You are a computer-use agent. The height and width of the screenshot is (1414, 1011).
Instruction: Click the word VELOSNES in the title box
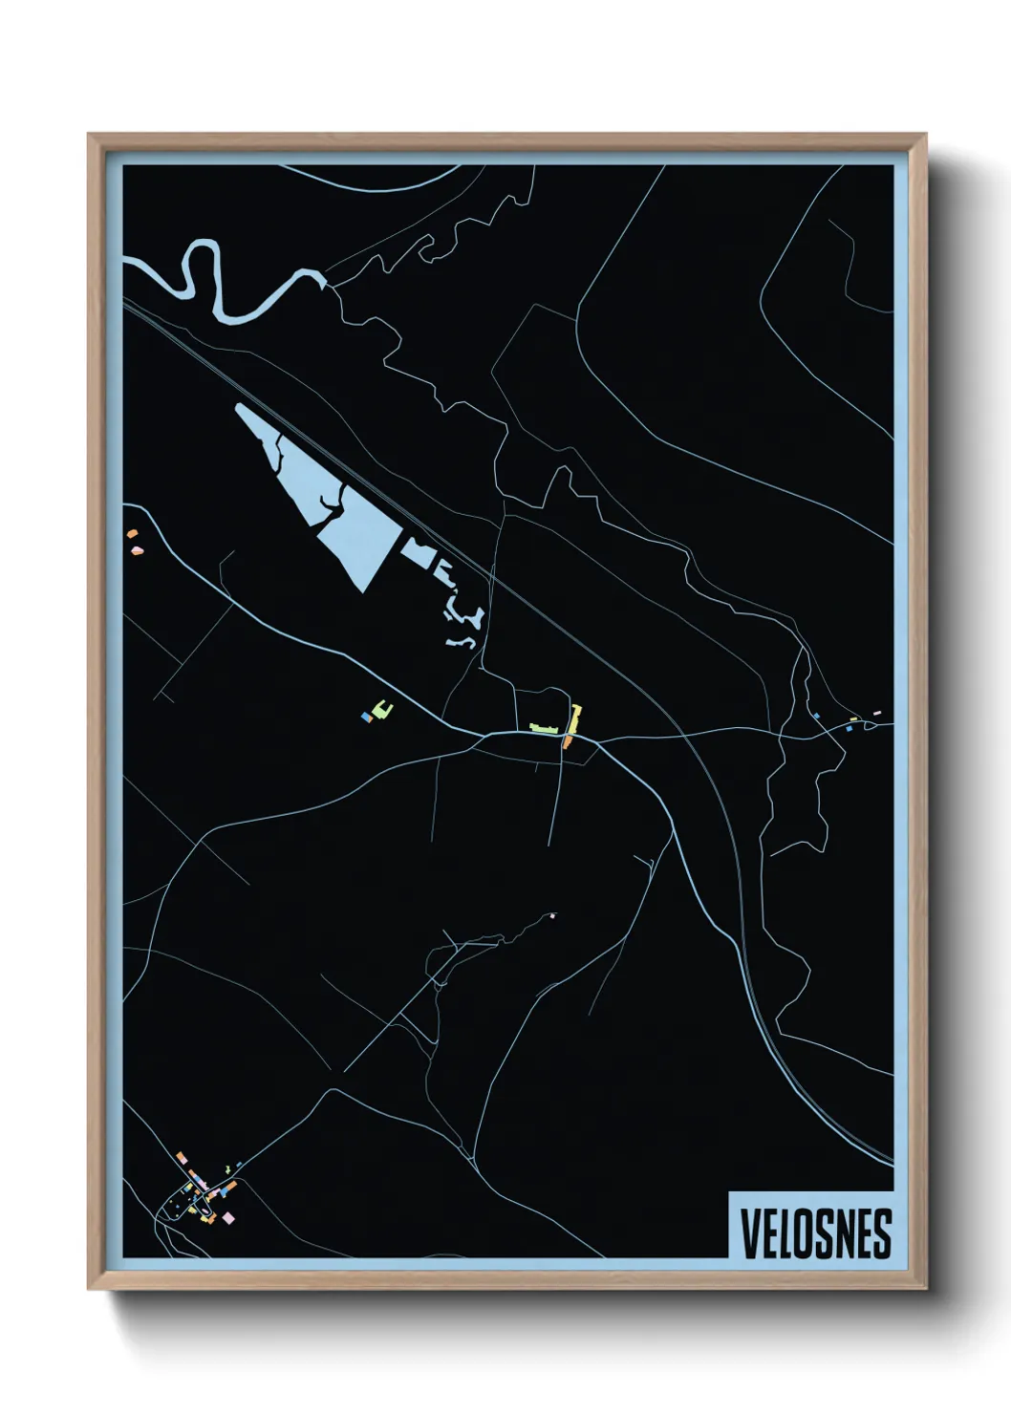tap(815, 1233)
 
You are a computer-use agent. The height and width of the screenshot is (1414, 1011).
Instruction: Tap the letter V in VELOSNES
tap(748, 1233)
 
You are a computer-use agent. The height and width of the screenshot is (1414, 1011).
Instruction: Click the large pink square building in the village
tap(228, 1217)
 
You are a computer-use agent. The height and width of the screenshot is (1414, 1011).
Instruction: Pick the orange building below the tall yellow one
tap(567, 741)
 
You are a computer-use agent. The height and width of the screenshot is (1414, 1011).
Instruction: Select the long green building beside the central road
tap(545, 729)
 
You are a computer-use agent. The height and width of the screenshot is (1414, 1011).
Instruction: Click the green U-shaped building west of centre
tap(382, 709)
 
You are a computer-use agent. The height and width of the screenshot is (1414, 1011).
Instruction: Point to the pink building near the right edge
tap(876, 713)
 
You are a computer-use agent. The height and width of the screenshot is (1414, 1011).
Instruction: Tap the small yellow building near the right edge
tap(854, 719)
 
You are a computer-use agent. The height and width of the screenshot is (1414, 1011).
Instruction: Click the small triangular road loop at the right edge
tap(871, 725)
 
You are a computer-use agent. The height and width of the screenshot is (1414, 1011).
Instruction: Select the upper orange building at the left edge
tap(132, 535)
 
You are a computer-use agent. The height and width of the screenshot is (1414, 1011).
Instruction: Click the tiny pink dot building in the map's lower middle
tap(553, 916)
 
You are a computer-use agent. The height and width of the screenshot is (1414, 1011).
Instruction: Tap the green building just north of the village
tap(226, 1168)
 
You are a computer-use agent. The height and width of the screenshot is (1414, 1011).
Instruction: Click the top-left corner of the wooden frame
tap(89, 136)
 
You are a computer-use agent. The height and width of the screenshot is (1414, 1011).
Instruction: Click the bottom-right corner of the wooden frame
tap(925, 1288)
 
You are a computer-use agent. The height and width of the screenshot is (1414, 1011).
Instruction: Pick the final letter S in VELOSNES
tap(883, 1233)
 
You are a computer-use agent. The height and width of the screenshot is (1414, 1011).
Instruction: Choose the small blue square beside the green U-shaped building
tap(365, 716)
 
